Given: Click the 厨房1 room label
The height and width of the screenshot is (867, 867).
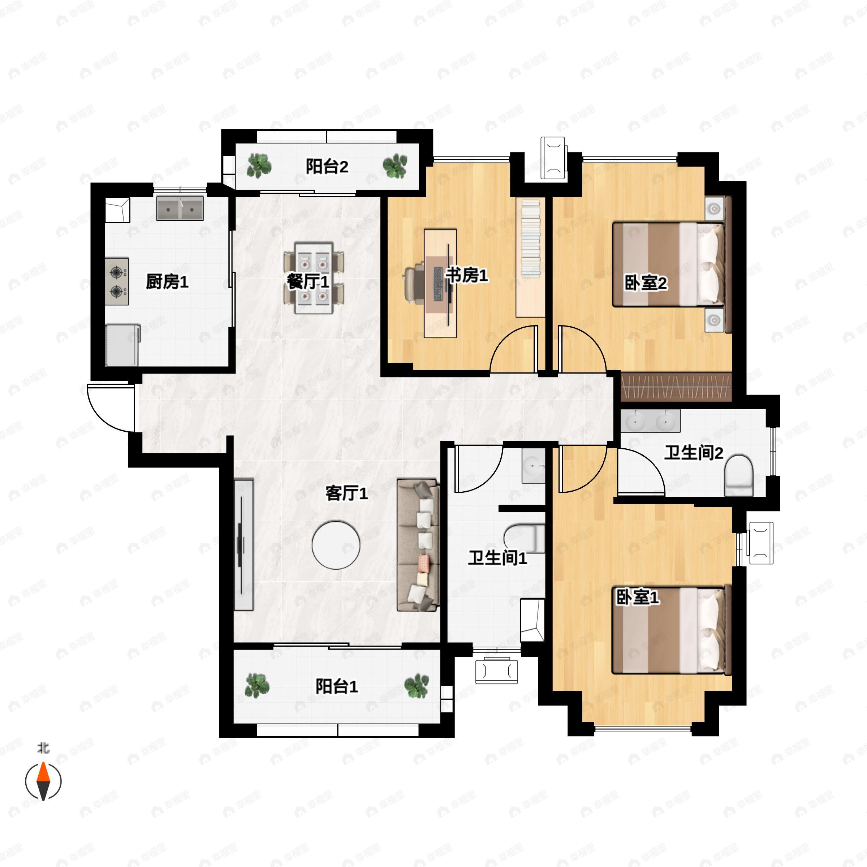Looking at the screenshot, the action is click(167, 282).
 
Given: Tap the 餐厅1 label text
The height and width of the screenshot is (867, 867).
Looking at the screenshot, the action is click(308, 282).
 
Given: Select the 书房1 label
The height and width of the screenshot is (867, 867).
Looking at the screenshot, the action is click(467, 275).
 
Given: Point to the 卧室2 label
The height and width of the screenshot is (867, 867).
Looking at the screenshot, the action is click(646, 283).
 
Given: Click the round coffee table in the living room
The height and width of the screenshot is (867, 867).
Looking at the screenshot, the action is click(336, 545).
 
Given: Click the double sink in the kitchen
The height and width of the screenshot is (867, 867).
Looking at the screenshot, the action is click(180, 208).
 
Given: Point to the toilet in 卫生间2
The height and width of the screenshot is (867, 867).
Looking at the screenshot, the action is click(738, 476).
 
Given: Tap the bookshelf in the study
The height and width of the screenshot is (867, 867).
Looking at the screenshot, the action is click(530, 257).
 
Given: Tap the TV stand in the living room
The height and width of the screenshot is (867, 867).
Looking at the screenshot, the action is click(244, 545).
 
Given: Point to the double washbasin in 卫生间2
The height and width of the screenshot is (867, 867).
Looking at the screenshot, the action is click(650, 421).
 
